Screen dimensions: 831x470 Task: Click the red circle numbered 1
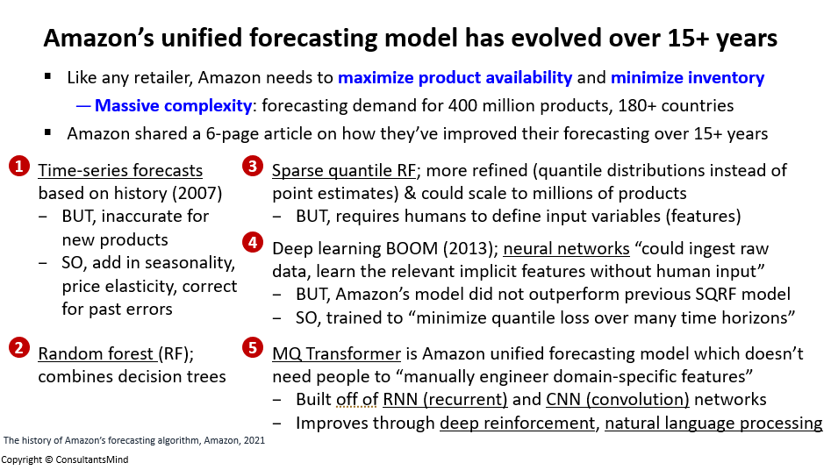coord(19,167)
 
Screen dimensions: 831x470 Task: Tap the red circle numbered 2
coord(19,348)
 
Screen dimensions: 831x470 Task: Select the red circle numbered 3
coord(253,167)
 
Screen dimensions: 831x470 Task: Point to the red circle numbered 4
coord(253,243)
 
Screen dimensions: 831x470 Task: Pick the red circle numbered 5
coord(253,348)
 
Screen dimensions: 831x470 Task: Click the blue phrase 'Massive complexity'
coord(173,105)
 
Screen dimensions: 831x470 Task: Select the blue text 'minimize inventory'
coord(687,77)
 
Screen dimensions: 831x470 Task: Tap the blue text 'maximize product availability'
coord(455,78)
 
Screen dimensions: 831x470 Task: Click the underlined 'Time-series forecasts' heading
coord(120,171)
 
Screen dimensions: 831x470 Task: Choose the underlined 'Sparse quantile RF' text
coord(344,171)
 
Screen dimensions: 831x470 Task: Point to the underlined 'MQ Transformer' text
coord(337,353)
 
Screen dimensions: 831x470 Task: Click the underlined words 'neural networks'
coord(566,248)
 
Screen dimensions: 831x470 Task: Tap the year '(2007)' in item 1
coord(197,194)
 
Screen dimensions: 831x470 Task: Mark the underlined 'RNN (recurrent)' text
coord(445,400)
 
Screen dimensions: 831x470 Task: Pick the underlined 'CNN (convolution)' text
coord(618,400)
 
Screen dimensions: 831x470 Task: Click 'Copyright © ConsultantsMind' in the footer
coord(64,459)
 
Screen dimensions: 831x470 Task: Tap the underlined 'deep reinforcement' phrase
coord(517,424)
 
